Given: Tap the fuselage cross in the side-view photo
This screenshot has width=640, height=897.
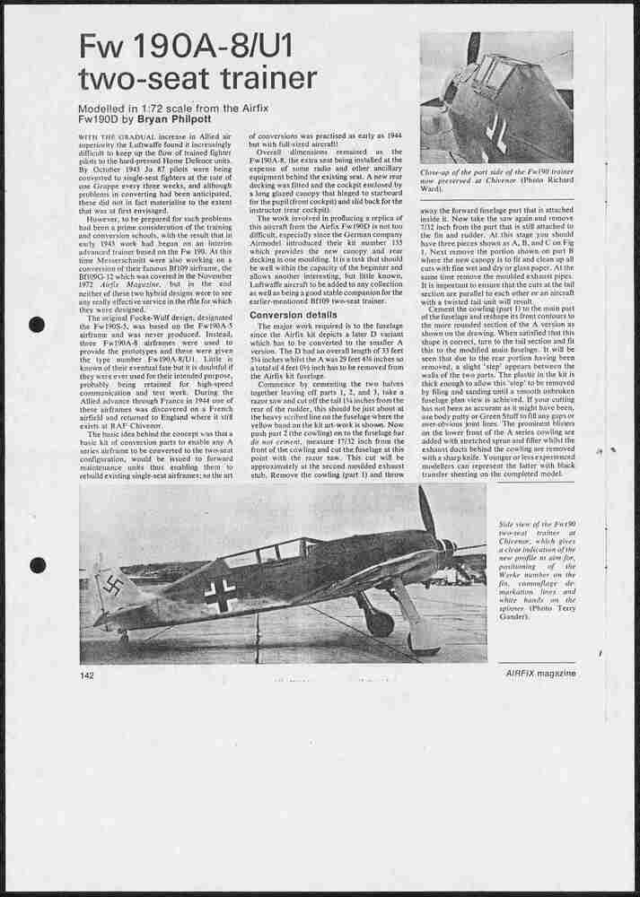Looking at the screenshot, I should [221, 593].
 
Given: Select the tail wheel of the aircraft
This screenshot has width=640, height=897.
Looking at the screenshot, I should [123, 635].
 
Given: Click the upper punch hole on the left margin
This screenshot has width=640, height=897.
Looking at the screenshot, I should [37, 325].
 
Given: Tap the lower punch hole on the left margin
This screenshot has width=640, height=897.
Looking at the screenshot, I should [38, 565].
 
